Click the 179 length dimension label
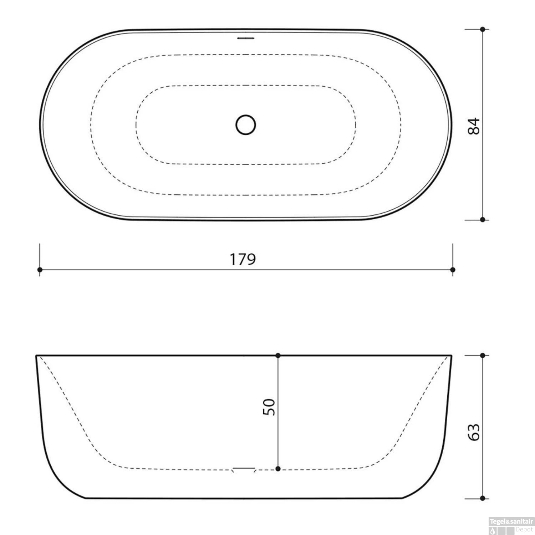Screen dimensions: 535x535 click(x=243, y=259)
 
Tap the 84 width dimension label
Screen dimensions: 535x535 click(x=474, y=126)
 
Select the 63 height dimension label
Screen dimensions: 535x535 click(x=474, y=432)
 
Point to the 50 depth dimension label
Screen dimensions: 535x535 click(x=269, y=407)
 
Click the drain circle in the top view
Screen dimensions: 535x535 click(x=246, y=125)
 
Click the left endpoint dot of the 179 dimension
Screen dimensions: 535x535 click(x=40, y=270)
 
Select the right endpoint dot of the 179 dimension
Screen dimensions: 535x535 click(x=453, y=270)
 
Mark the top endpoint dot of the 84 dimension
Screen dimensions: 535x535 click(x=482, y=29)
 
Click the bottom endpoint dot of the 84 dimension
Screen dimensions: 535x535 click(x=482, y=219)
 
